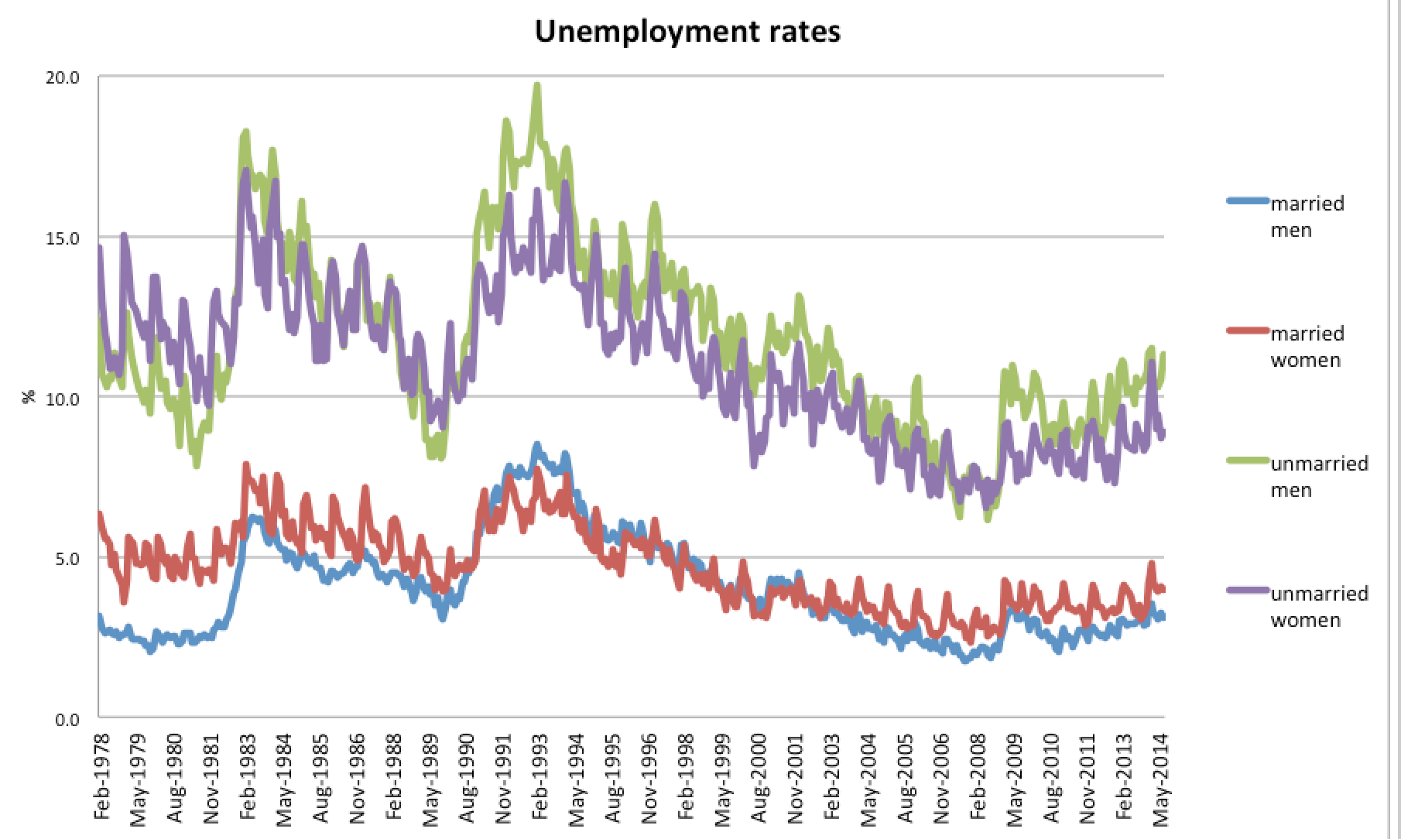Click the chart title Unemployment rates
click(x=687, y=32)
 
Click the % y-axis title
click(x=29, y=397)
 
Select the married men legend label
click(x=1307, y=217)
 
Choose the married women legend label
click(x=1307, y=347)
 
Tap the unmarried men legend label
click(x=1319, y=477)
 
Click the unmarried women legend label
click(x=1319, y=607)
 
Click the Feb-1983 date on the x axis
click(x=248, y=778)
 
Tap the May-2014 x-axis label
click(x=1162, y=778)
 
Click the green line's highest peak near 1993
click(x=537, y=86)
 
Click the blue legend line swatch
click(x=1248, y=202)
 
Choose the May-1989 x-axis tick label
click(x=431, y=778)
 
